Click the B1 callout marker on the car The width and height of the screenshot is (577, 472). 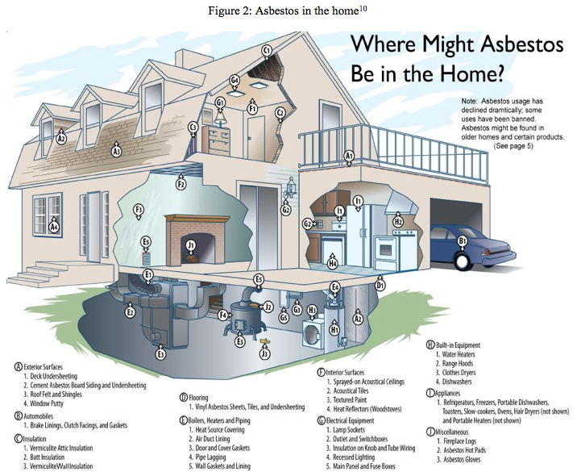point(463,240)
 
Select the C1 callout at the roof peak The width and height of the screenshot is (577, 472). point(267,51)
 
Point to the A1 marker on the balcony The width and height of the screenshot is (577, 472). point(350,155)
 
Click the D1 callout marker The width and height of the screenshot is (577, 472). point(380,285)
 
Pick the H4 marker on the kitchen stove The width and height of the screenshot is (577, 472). point(333,263)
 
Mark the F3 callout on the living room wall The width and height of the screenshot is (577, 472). point(139,211)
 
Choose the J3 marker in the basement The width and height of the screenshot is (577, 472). point(264,353)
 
